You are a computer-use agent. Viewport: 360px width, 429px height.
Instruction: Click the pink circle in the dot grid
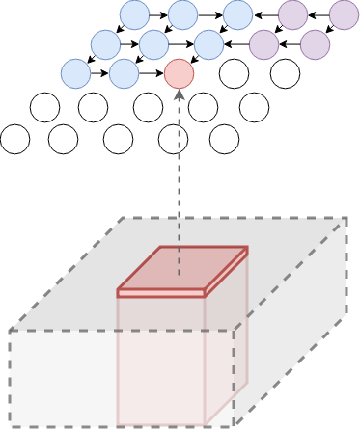pyautogui.click(x=179, y=73)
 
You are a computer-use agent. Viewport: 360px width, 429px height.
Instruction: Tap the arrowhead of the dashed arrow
pyautogui.click(x=179, y=94)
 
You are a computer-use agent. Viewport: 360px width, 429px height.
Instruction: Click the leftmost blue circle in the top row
pyautogui.click(x=134, y=14)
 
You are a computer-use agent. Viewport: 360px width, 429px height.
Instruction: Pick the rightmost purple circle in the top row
pyautogui.click(x=344, y=14)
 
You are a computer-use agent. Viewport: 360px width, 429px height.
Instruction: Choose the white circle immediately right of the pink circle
pyautogui.click(x=234, y=73)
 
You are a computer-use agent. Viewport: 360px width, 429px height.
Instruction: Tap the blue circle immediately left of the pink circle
pyautogui.click(x=124, y=73)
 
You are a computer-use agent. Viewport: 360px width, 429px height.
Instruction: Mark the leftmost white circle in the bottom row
pyautogui.click(x=14, y=140)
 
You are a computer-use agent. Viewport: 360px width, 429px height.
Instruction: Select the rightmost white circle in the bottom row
pyautogui.click(x=224, y=140)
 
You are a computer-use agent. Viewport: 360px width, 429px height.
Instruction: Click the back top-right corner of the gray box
pyautogui.click(x=346, y=218)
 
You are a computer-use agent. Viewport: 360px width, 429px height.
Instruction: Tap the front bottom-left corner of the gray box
pyautogui.click(x=11, y=424)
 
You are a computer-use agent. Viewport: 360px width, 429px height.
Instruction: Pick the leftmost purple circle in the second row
pyautogui.click(x=263, y=44)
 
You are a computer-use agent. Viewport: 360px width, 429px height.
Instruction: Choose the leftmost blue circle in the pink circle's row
pyautogui.click(x=75, y=73)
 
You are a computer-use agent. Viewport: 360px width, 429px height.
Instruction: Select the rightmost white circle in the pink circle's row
pyautogui.click(x=285, y=73)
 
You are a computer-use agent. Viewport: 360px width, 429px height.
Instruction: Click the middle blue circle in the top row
pyautogui.click(x=182, y=14)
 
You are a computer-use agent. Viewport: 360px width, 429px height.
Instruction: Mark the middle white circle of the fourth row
pyautogui.click(x=148, y=107)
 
